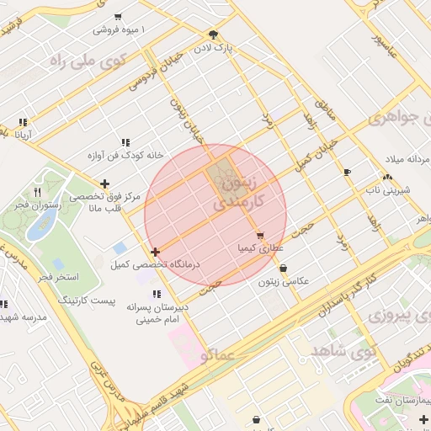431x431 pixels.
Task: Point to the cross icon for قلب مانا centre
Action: click(104, 184)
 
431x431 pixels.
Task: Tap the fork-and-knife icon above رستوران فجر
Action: click(37, 193)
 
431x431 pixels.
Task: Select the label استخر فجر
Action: click(58, 276)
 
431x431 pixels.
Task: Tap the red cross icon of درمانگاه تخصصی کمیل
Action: click(155, 252)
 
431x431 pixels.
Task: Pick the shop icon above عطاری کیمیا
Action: click(260, 237)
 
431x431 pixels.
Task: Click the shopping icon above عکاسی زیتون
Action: click(282, 269)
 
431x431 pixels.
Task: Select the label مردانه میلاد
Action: click(402, 159)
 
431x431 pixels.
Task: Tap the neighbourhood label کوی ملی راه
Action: click(87, 61)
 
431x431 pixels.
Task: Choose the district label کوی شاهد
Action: click(343, 349)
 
